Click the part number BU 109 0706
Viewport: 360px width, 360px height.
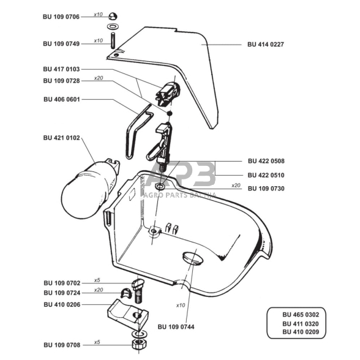(x=61, y=17)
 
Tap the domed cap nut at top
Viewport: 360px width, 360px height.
(x=113, y=16)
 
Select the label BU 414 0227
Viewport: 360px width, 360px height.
(x=266, y=44)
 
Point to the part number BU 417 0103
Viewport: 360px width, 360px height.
(x=61, y=69)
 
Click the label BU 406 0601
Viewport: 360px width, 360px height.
(x=61, y=99)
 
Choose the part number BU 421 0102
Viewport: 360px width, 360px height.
(x=61, y=138)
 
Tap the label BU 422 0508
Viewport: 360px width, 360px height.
(x=266, y=161)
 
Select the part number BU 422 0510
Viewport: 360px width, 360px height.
(x=266, y=175)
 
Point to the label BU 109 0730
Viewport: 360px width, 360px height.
(x=266, y=189)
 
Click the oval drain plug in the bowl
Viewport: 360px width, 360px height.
(x=193, y=258)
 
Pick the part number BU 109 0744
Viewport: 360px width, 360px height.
(x=176, y=327)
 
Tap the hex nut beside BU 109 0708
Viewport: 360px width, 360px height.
(x=140, y=344)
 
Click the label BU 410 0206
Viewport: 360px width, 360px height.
(x=62, y=305)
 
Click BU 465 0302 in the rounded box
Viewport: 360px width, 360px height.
(x=301, y=315)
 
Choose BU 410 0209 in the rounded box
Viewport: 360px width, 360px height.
(x=301, y=332)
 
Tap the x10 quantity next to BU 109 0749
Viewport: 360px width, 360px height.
(x=98, y=40)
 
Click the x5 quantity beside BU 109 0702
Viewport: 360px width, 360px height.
(x=97, y=280)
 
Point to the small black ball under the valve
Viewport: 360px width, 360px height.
(x=170, y=113)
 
